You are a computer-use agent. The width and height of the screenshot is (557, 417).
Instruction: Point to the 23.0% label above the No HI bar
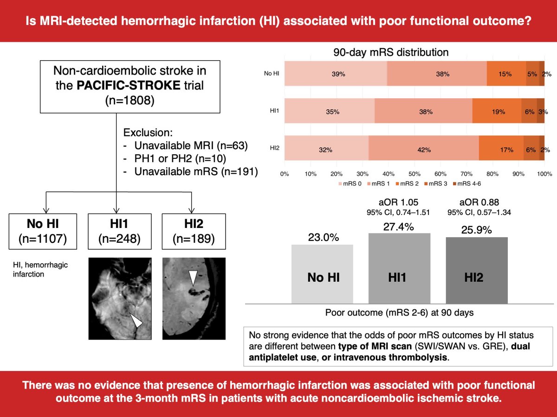322,237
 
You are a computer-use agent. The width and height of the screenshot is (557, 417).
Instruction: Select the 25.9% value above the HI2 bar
477,230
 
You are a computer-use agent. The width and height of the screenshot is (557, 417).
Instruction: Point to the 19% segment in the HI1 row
497,112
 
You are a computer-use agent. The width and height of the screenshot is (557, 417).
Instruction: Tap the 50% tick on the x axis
415,174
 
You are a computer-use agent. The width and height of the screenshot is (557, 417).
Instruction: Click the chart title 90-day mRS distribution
391,52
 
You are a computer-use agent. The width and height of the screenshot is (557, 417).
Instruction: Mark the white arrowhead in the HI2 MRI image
193,278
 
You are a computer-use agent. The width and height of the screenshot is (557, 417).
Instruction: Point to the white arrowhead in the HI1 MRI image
136,320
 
